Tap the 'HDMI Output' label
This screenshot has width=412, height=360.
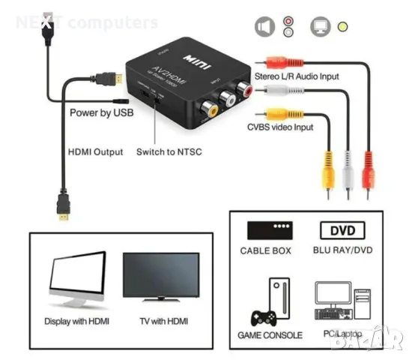95,151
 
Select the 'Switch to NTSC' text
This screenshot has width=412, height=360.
169,151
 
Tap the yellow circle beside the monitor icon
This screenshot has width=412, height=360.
342,28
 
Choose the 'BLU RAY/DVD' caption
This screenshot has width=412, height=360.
342,251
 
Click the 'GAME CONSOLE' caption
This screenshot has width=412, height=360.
271,334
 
